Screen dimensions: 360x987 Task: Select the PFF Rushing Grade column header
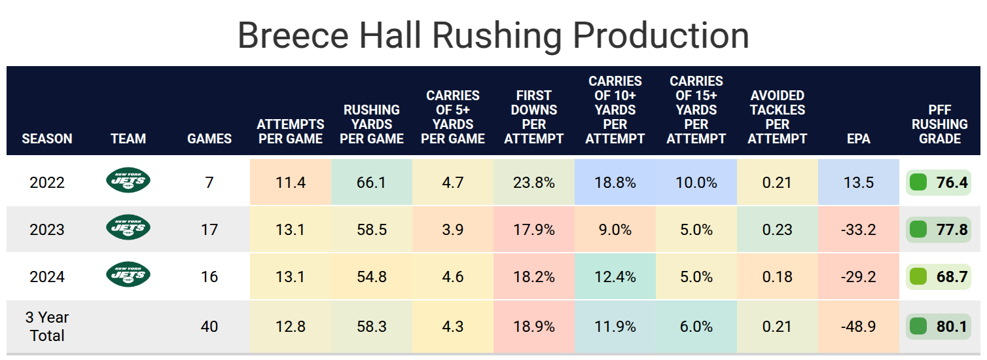pyautogui.click(x=939, y=124)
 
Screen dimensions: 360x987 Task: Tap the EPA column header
pyautogui.click(x=859, y=139)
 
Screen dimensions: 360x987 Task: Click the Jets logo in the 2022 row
pyautogui.click(x=128, y=181)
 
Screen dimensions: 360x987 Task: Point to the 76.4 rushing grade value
pyautogui.click(x=952, y=183)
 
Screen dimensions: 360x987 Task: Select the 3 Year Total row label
pyautogui.click(x=47, y=327)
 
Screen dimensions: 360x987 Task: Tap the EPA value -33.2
pyautogui.click(x=859, y=230)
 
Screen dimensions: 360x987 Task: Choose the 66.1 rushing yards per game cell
pyautogui.click(x=371, y=183)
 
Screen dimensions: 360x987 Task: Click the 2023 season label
pyautogui.click(x=47, y=230)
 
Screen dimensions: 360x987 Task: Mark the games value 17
pyautogui.click(x=209, y=230)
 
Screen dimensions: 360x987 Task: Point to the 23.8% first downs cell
pyautogui.click(x=533, y=183)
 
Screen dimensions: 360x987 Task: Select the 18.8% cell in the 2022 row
pyautogui.click(x=615, y=183)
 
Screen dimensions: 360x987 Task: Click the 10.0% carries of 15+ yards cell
pyautogui.click(x=696, y=183)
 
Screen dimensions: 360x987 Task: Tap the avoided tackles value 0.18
pyautogui.click(x=778, y=277)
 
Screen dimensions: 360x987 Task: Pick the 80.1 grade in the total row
pyautogui.click(x=952, y=327)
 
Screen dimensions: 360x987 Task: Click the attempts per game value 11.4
pyautogui.click(x=290, y=183)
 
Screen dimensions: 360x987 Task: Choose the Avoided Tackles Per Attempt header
pyautogui.click(x=778, y=117)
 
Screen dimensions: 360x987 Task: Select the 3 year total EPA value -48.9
pyautogui.click(x=859, y=327)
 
